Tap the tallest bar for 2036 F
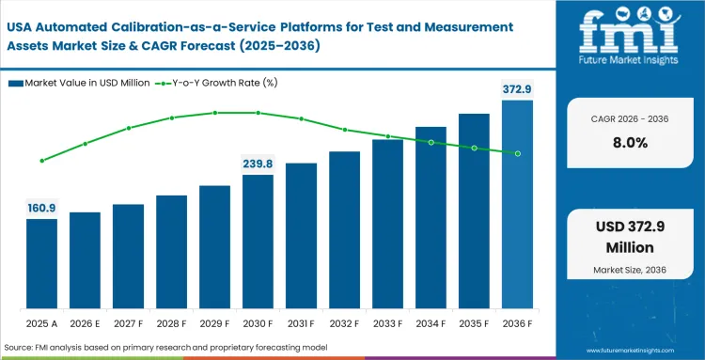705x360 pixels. [517, 203]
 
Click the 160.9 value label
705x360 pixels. [41, 207]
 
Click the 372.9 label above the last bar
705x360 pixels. [516, 88]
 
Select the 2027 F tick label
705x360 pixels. [128, 324]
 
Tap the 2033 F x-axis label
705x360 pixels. [387, 324]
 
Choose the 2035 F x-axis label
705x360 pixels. [474, 324]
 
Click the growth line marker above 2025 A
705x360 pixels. [41, 161]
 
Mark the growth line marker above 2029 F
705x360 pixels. [214, 113]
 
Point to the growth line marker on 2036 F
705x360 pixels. [517, 153]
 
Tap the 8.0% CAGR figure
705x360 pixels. [628, 143]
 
